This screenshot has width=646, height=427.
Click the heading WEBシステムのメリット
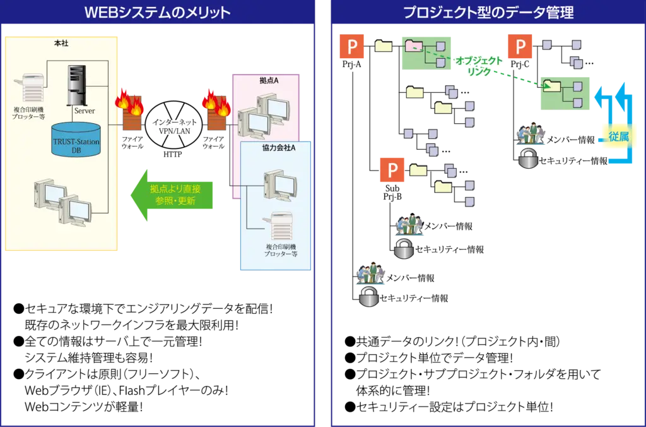coord(157,12)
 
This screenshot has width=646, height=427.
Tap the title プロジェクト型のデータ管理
coord(488,12)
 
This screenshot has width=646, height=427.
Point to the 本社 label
coord(61,43)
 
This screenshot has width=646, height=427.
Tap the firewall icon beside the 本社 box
coord(130,110)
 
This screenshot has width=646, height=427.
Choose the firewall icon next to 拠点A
coord(216,110)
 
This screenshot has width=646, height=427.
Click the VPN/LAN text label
coord(174,131)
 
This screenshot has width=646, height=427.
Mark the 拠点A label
coord(268,81)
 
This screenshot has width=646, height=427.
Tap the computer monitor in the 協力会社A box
coord(279,187)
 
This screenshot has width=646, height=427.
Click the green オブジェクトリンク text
coord(479,66)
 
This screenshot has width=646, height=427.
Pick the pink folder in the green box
coord(414,45)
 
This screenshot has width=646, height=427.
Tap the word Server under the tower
coord(84,111)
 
